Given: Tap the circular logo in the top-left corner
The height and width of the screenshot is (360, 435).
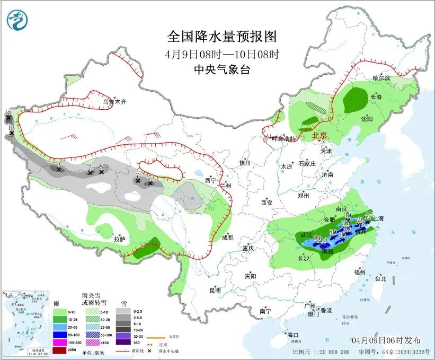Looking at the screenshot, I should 17,20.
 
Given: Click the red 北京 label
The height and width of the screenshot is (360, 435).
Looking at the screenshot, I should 320,136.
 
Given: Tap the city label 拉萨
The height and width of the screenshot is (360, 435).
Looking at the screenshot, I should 119,239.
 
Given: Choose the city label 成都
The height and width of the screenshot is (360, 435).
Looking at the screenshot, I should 228,238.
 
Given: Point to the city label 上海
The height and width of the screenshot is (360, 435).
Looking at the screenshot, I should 378,218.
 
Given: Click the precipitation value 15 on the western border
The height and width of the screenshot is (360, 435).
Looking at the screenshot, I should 8,112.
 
